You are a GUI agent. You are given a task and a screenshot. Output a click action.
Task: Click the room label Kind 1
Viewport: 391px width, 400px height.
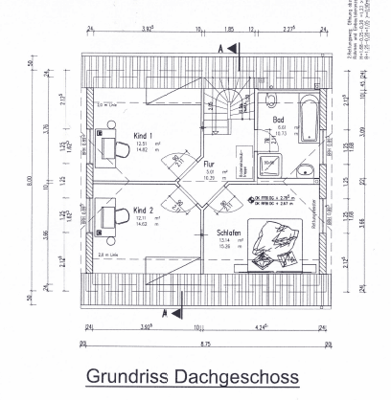(145, 135)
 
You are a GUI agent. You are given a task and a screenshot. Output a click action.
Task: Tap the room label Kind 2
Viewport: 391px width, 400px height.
(145, 209)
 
